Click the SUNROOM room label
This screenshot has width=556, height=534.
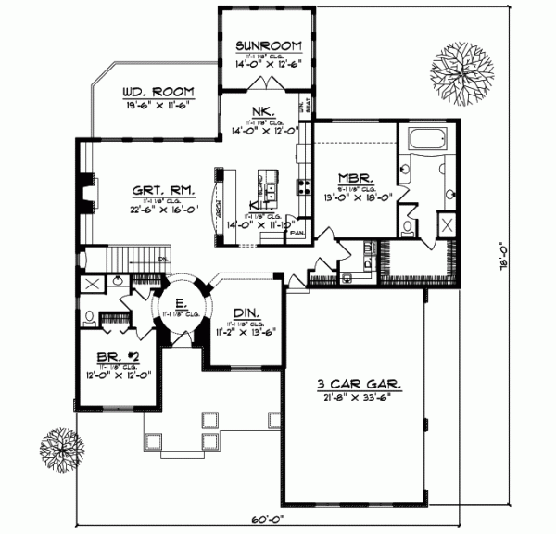tap(267, 44)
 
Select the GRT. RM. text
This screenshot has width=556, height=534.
tap(157, 193)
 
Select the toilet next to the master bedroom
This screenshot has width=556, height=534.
tap(410, 226)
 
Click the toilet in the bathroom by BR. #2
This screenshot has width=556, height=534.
tap(90, 317)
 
